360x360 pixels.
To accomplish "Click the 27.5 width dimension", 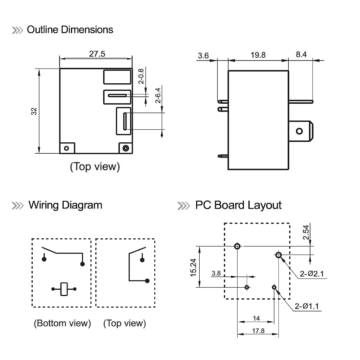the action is pos(97,54).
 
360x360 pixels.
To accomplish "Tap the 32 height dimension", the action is pos(34,111).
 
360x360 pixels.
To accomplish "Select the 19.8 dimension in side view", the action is pos(258,55).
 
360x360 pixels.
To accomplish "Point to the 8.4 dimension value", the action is pos(301,54).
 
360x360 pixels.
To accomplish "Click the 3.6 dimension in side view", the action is pos(204,56).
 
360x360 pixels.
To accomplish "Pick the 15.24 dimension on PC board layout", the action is pos(194,268).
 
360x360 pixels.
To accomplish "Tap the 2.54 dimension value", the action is pos(306,232).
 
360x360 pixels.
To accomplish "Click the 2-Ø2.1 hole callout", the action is pos(312,274).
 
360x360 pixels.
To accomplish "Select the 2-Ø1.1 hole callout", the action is pos(307,306).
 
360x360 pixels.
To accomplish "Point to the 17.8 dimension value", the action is pos(258,331).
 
